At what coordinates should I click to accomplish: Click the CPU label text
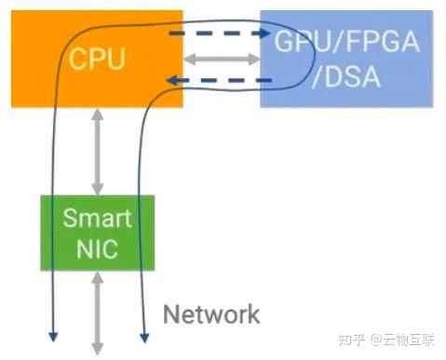98,60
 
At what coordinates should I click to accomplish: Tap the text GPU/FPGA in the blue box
346,41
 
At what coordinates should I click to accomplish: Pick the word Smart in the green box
98,220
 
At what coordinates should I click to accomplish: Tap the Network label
211,313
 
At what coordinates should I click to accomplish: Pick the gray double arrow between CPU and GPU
222,58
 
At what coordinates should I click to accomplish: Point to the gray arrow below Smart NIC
98,312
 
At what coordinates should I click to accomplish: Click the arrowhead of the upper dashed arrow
264,33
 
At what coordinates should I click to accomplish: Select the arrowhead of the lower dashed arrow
174,81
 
